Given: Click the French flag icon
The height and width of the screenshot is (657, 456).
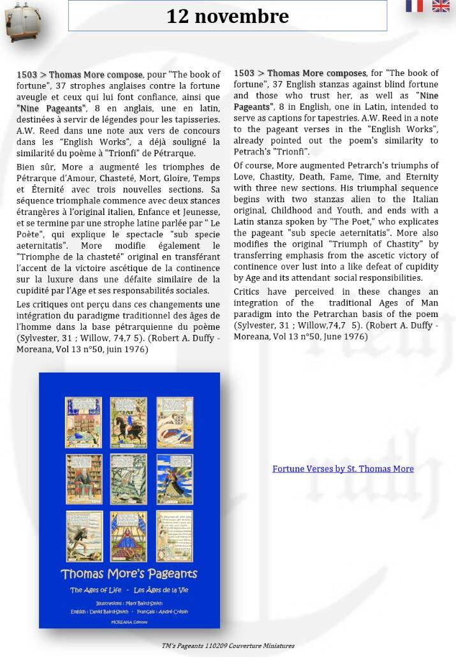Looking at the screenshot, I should (414, 6).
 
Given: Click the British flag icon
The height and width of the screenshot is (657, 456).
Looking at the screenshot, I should (441, 6).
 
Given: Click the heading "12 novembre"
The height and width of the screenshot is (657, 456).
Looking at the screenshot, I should (228, 16).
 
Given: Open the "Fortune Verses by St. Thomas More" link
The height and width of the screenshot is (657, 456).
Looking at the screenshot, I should (342, 469).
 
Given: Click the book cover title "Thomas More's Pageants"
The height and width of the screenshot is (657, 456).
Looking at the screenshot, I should (129, 573).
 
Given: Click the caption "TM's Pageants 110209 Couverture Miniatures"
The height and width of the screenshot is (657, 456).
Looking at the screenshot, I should (228, 646).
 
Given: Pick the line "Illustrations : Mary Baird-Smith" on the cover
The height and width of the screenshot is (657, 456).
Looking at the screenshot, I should (129, 602).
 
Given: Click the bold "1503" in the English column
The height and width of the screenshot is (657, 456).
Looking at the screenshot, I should (244, 73).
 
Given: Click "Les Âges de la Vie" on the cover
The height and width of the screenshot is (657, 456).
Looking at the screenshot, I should (162, 590).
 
